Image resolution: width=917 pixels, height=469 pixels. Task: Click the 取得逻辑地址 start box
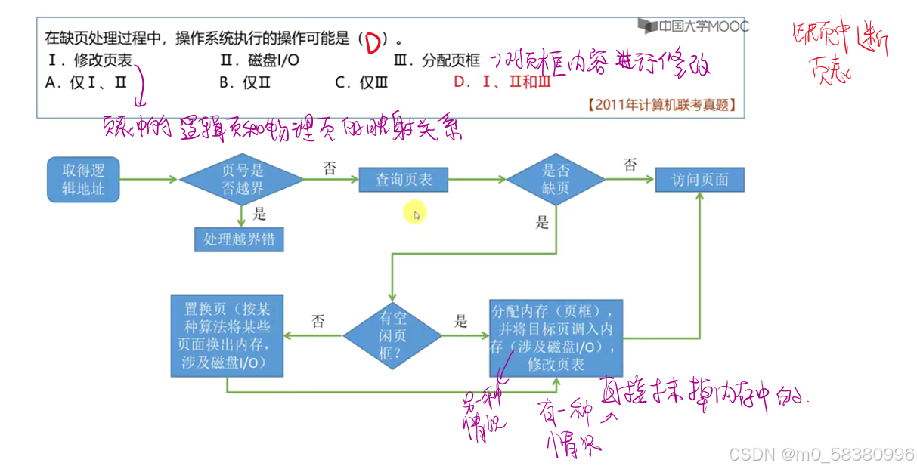pos(83,180)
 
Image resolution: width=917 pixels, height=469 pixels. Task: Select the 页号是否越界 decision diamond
pos(242,180)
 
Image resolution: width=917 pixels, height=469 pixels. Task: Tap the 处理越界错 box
pos(239,239)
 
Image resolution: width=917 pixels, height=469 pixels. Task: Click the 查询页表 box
pos(404,180)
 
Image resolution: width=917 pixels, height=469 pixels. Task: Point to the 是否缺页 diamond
pos(556,180)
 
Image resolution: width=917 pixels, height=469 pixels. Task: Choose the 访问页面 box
pos(701,180)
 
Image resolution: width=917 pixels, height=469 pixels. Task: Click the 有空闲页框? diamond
pos(392,335)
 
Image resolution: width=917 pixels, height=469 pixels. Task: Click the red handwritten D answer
pos(372,44)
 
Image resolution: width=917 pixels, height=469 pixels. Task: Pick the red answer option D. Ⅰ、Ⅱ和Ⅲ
pos(502,83)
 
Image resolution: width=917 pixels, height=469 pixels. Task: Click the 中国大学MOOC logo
pos(692,26)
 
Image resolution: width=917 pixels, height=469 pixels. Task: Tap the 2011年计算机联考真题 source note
pos(661,105)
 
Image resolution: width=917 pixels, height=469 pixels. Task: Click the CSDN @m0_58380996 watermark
pos(821,455)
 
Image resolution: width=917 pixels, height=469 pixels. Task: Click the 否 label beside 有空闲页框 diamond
pos(318,321)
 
